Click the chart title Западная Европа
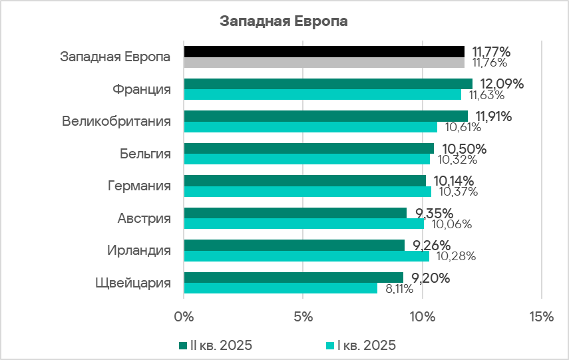284,21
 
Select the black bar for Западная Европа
323,51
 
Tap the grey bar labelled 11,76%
323,63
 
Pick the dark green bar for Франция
327,84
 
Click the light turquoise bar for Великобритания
310,127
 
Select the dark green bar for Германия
304,180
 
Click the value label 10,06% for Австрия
449,224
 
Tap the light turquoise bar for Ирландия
306,256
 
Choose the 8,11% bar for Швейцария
280,288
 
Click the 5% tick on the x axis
303,317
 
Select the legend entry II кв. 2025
215,345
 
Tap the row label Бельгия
145,154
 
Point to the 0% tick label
184,317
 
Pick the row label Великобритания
116,122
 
